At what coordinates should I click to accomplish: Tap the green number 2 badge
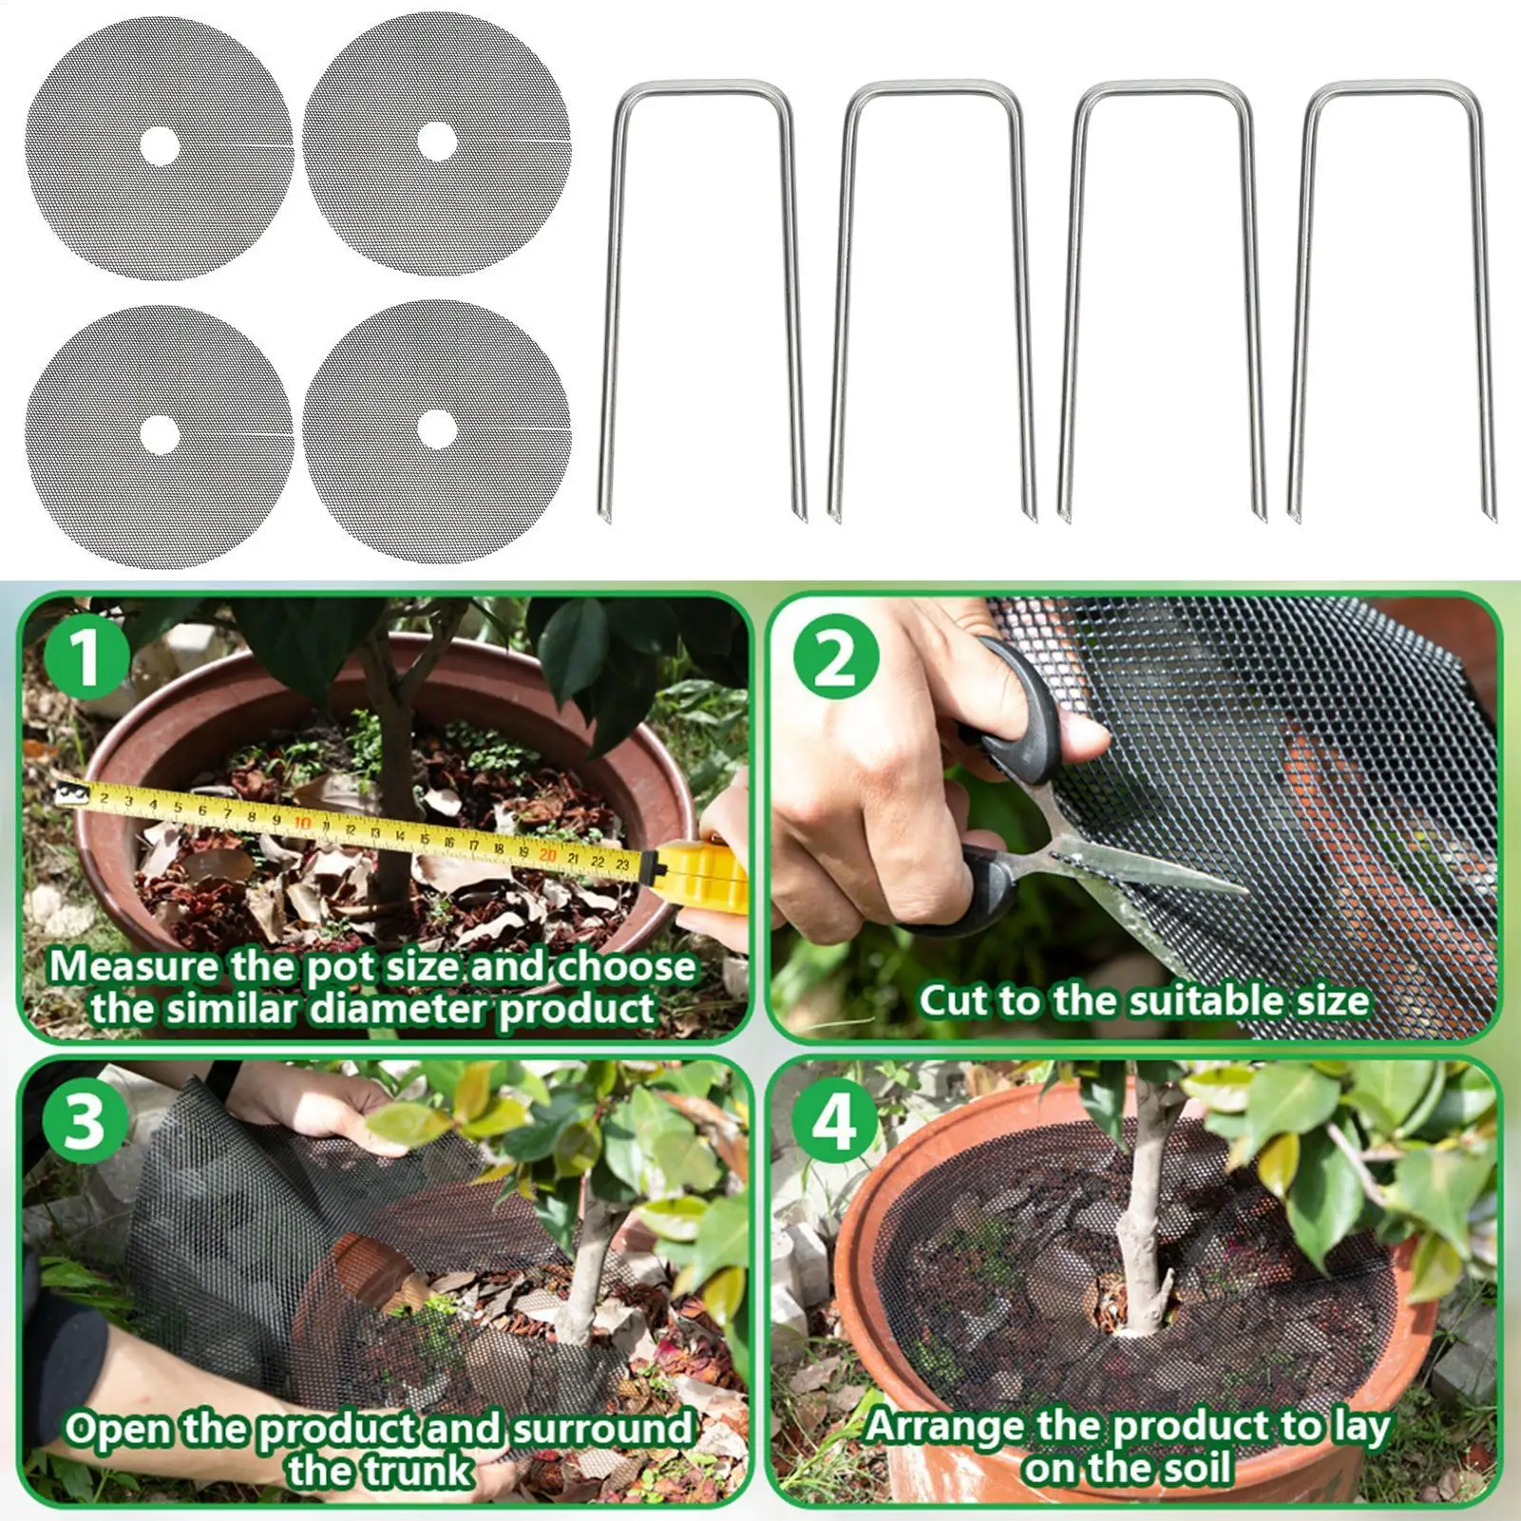pos(835,657)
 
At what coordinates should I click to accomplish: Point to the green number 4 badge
pos(836,1122)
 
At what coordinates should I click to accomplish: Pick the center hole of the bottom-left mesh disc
pos(160,433)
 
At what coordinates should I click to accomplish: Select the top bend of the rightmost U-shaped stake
pos(1392,88)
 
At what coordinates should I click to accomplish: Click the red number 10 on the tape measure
pos(303,823)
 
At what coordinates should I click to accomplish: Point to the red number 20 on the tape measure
pos(547,853)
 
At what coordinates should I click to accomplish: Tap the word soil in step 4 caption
pos(1191,1470)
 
